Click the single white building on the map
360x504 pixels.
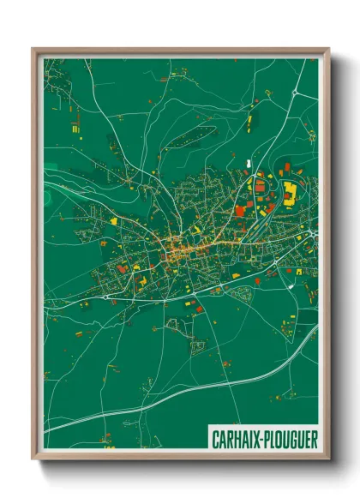pyautogui.click(x=249, y=162)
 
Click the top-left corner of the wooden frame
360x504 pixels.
pyautogui.click(x=33, y=50)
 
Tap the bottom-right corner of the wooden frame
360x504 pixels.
pyautogui.click(x=328, y=458)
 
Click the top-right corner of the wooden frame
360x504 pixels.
pyautogui.click(x=328, y=50)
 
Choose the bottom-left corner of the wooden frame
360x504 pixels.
pyautogui.click(x=33, y=458)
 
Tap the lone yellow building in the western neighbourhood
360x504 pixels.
pyautogui.click(x=112, y=220)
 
